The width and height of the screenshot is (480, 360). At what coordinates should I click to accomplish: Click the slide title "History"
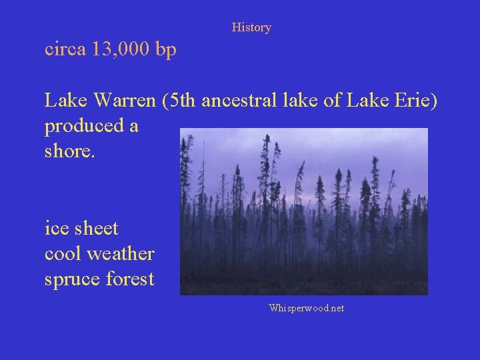point(251,27)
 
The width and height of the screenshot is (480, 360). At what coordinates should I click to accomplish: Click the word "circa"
point(65,49)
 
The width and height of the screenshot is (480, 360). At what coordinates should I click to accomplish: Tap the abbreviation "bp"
point(165,51)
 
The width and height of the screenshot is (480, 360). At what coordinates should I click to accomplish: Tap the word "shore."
point(70,151)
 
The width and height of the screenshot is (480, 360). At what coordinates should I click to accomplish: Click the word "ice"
point(55,229)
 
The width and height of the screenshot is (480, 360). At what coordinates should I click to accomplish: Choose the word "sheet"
point(95,229)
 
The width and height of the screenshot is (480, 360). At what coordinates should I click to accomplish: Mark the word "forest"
point(131,279)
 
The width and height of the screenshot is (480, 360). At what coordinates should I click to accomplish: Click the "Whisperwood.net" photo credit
point(306,308)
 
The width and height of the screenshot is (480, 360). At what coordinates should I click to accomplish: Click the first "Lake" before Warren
point(67,101)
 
